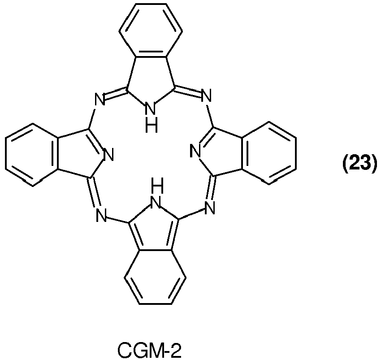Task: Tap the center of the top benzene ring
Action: [151, 31]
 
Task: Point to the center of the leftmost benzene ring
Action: [33, 155]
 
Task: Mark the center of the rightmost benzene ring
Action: [269, 153]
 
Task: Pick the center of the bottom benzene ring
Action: [155, 277]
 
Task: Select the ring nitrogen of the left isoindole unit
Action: [108, 155]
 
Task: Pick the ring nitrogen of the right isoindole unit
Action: [196, 151]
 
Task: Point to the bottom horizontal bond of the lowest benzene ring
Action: [156, 304]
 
